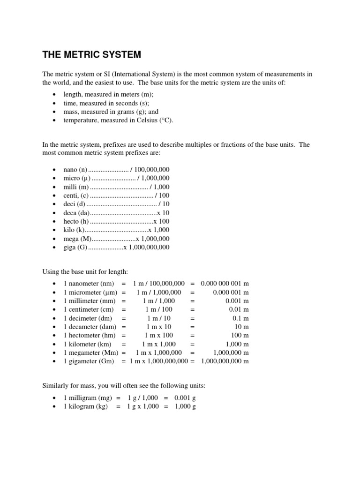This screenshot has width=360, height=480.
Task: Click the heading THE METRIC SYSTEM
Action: [x=91, y=54]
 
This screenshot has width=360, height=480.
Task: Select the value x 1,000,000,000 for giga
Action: [x=146, y=247]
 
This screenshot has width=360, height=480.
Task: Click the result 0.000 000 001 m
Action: [x=225, y=284]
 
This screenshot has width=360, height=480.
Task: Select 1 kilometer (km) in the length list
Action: [x=87, y=344]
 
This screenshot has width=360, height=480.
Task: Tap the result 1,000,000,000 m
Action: [x=225, y=361]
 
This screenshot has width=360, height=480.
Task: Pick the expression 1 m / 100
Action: [x=159, y=310]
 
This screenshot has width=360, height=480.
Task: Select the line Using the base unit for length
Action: [x=85, y=272]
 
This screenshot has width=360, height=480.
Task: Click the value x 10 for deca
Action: [x=163, y=213]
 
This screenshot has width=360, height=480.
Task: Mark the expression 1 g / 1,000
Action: [x=143, y=398]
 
